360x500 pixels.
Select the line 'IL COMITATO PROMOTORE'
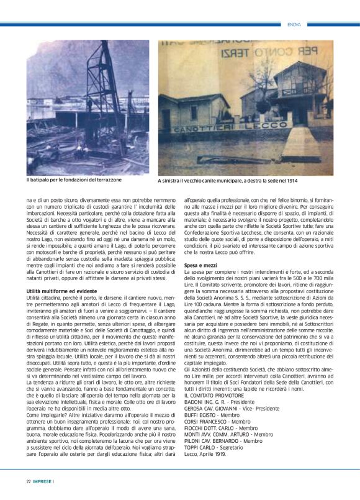pos(214,394)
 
